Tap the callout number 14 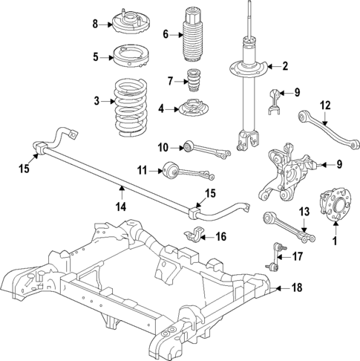pos(120,199)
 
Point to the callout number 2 pos(284,67)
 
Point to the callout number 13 pos(304,212)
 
